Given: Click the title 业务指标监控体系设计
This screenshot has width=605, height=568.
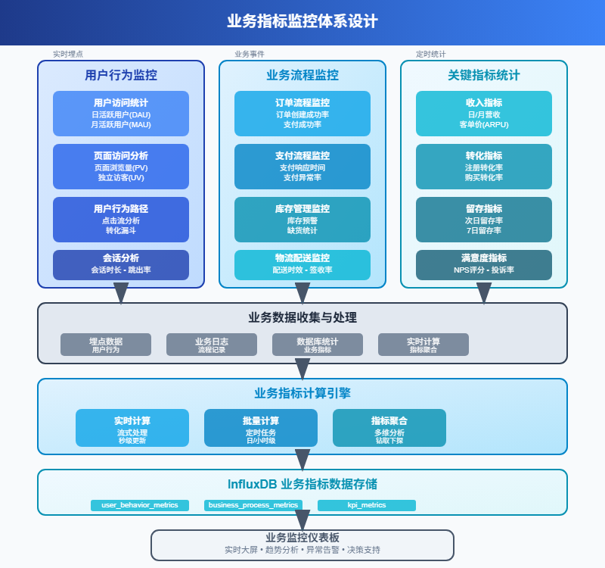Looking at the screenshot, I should [302, 21].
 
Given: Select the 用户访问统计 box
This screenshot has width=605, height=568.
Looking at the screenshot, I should [121, 114].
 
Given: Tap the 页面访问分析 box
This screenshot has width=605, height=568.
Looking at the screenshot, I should [121, 167].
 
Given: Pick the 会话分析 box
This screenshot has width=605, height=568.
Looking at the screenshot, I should [121, 264].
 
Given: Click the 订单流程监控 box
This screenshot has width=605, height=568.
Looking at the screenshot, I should [302, 114].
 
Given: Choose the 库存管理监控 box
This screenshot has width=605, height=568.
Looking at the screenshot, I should [302, 220].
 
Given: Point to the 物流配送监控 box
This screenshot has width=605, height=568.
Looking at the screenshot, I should [302, 264].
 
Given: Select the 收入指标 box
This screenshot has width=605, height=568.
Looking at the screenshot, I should [484, 114].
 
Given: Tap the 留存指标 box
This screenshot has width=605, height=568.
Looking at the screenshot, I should [484, 220].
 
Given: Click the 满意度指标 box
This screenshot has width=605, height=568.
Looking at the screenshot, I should [484, 264].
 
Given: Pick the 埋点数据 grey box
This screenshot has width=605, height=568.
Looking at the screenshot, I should [106, 345].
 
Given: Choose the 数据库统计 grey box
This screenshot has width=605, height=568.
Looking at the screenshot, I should [318, 345].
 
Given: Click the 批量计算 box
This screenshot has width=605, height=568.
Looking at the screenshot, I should [261, 428].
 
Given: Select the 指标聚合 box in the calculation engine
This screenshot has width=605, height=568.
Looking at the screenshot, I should [389, 428].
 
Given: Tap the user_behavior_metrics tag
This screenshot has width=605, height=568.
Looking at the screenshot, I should [140, 505].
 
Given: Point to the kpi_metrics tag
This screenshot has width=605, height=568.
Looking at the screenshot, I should [367, 505].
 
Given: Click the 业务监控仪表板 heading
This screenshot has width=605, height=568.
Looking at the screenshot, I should [302, 538].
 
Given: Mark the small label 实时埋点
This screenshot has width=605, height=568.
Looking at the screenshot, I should [68, 55].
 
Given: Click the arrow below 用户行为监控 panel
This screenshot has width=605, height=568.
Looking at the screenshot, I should [121, 293].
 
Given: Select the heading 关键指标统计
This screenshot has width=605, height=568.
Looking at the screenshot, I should [484, 76].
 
